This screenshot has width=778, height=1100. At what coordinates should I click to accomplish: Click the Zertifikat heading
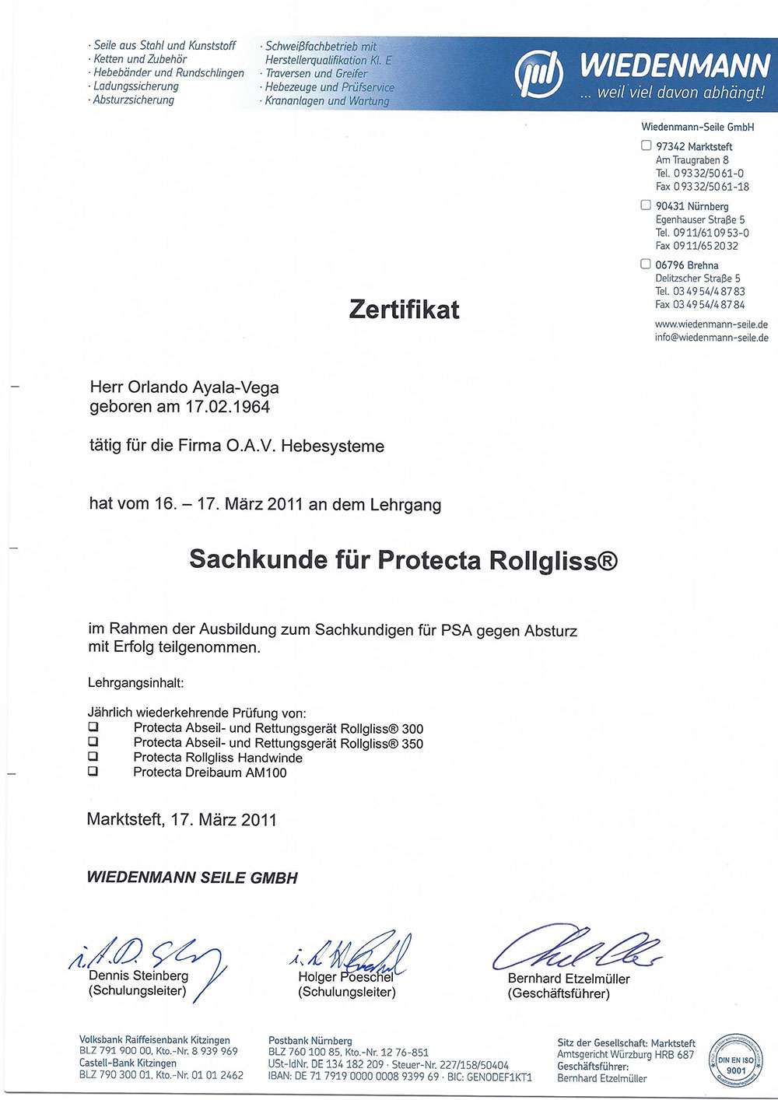pos(404,310)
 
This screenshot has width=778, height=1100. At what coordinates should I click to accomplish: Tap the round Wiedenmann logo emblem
pos(538,74)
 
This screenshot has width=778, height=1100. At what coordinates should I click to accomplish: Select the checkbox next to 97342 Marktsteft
pos(646,145)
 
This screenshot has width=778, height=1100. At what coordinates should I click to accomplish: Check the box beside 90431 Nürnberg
pos(646,205)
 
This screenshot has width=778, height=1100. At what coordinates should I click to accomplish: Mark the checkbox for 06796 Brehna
pos(646,264)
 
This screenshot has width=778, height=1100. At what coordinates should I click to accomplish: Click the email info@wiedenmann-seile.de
pos(711,338)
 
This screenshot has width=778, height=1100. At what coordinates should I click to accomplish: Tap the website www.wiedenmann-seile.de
pos(711,324)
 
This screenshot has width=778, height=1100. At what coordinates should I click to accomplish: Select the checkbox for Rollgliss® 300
pos(93,727)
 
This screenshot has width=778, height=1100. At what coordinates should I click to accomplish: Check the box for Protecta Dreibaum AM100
pos(93,772)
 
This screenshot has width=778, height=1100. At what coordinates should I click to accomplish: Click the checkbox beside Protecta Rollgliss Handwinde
pos(93,756)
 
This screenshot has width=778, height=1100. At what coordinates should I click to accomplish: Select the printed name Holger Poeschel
pos(346,977)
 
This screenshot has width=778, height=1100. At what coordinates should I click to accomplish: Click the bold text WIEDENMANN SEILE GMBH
pos(192,878)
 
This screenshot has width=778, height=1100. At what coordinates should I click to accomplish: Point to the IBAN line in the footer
pos(400,1077)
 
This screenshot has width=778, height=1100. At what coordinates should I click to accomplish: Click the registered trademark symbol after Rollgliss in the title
pos(608,560)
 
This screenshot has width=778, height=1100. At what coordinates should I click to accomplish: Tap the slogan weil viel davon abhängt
pos(673,93)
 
